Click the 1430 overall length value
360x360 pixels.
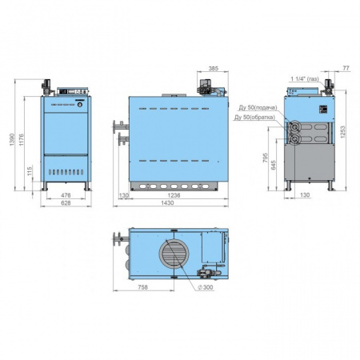pos(170,205)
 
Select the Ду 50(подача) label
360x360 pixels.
pos(256,107)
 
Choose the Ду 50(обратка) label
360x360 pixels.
pos(254,118)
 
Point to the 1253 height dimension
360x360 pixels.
pos(343,132)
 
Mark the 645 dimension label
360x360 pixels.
pos(274,166)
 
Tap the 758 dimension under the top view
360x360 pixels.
pos(141,287)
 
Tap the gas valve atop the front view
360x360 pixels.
pos(48,84)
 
